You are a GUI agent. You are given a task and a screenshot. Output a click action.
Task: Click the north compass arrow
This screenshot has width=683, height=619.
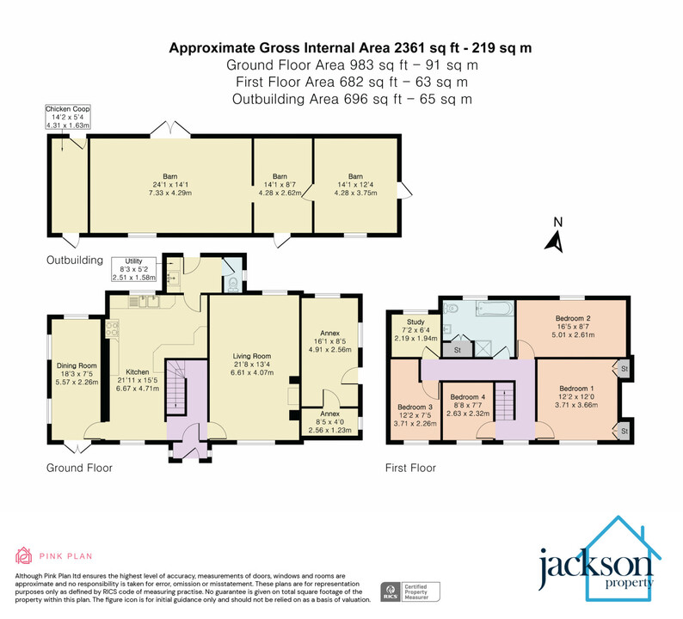(556, 237)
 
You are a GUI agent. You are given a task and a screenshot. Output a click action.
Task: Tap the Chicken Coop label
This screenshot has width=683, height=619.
(69, 110)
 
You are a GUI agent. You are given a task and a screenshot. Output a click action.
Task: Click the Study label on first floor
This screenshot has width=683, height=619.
(410, 322)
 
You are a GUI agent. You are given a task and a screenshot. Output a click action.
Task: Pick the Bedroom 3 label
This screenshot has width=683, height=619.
(415, 407)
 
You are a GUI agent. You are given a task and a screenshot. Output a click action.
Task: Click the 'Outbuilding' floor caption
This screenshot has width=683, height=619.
(75, 260)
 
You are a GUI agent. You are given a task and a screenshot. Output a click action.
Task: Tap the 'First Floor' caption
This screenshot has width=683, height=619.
(410, 469)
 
